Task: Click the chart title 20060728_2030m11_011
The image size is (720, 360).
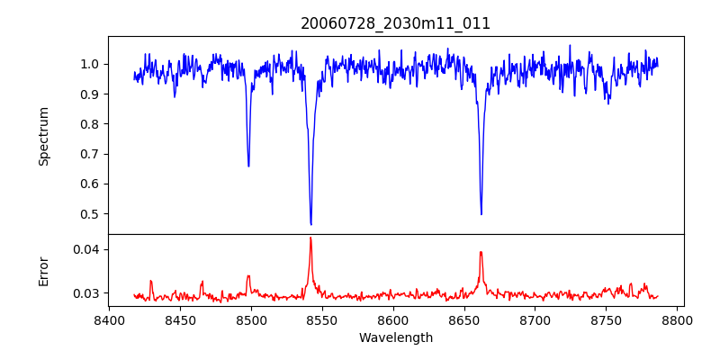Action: pyautogui.click(x=395, y=23)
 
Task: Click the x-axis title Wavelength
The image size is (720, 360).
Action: pyautogui.click(x=395, y=338)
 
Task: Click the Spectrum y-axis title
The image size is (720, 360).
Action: pyautogui.click(x=44, y=136)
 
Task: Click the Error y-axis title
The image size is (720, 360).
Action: pyautogui.click(x=44, y=271)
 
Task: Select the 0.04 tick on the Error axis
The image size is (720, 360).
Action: pyautogui.click(x=88, y=249)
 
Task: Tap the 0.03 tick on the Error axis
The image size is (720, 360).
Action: pyautogui.click(x=88, y=293)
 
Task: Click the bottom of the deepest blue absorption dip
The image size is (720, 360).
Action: pyautogui.click(x=310, y=224)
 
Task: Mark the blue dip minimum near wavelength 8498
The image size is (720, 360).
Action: pyautogui.click(x=248, y=166)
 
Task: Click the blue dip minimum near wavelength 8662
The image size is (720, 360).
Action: pyautogui.click(x=481, y=214)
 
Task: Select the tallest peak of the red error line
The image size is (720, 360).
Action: pyautogui.click(x=310, y=238)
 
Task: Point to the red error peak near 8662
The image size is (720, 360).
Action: pyautogui.click(x=481, y=252)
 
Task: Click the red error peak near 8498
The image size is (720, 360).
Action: pyautogui.click(x=248, y=276)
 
